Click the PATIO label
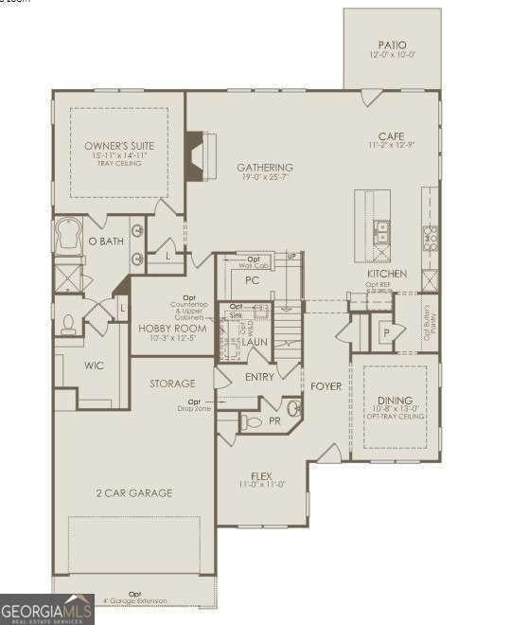pyautogui.click(x=392, y=44)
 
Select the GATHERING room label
pyautogui.click(x=263, y=167)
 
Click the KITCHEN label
pyautogui.click(x=387, y=274)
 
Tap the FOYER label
pyautogui.click(x=326, y=386)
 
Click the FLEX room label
pyautogui.click(x=262, y=475)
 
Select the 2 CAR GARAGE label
pyautogui.click(x=133, y=493)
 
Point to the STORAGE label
pyautogui.click(x=172, y=384)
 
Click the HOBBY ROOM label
pyautogui.click(x=172, y=329)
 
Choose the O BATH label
pyautogui.click(x=106, y=241)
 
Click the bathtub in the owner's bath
pyautogui.click(x=70, y=236)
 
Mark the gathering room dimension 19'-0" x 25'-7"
pyautogui.click(x=263, y=177)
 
